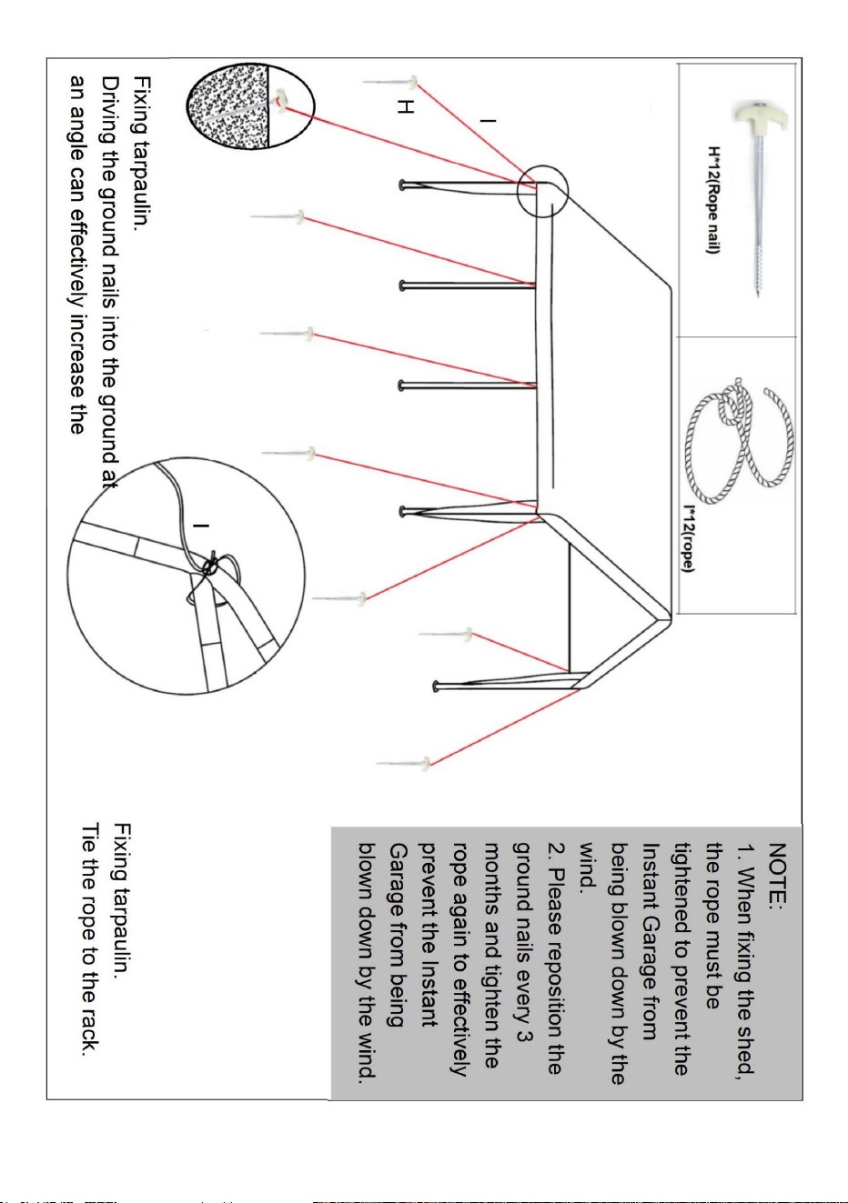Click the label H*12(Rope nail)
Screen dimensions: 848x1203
click(713, 199)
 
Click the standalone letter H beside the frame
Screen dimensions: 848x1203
click(405, 106)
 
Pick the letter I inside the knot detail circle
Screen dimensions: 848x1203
click(201, 526)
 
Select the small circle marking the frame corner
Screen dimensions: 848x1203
click(542, 166)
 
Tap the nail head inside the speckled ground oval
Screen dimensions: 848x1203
click(281, 101)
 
